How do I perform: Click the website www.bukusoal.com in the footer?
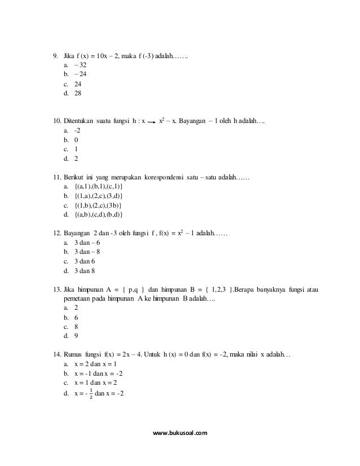(180, 433)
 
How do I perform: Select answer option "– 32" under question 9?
(79, 65)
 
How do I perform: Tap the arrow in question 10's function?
(152, 121)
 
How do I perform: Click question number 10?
(56, 121)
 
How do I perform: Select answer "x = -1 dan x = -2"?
(100, 373)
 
